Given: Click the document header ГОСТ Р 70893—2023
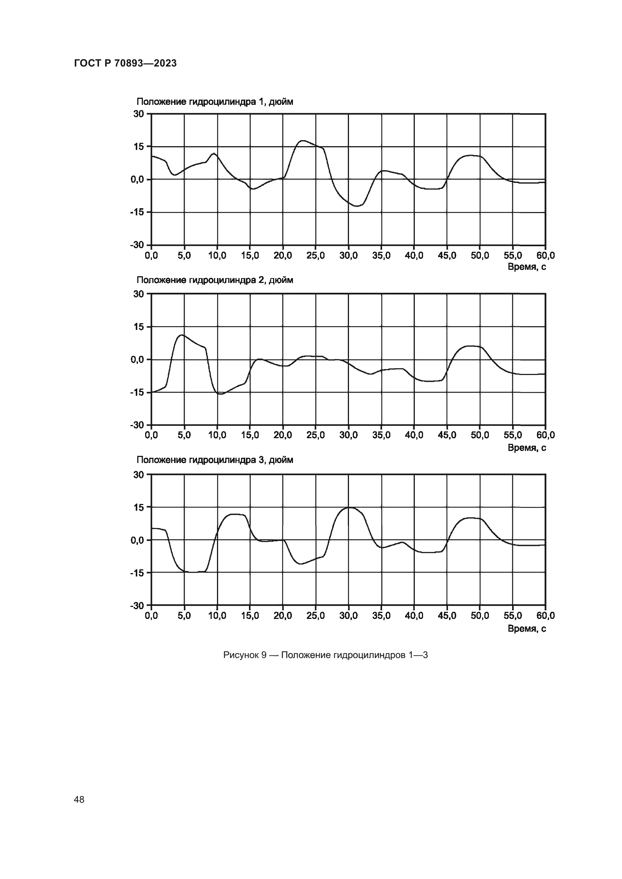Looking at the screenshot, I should pos(125,64).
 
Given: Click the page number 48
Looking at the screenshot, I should pos(79,799).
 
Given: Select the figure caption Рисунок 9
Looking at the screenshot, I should pos(325,655).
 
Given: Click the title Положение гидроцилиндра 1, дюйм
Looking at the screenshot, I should pos(214,102).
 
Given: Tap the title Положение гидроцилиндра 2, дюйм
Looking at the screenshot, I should pos(214,280).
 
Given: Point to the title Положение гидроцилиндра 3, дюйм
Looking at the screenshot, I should pos(214,460).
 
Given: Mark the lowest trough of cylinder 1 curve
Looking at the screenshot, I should pos(357,206).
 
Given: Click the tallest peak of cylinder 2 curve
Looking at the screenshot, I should pos(182,335).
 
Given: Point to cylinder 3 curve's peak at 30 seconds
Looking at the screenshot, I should pos(349,508).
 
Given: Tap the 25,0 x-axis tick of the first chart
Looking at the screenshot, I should pos(316,255).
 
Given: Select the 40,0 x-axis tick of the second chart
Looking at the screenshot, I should pos(414,435).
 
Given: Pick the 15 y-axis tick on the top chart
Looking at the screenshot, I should pos(139,147).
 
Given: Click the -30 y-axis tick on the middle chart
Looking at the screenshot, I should pos(137,425).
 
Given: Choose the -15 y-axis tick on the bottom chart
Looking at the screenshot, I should pos(137,573).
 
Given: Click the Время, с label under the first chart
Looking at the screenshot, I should pos(526,267).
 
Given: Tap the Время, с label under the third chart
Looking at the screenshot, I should pos(526,628).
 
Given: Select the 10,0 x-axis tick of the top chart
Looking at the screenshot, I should pos(217,255).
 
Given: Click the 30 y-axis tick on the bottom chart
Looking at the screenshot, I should pos(139,474).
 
